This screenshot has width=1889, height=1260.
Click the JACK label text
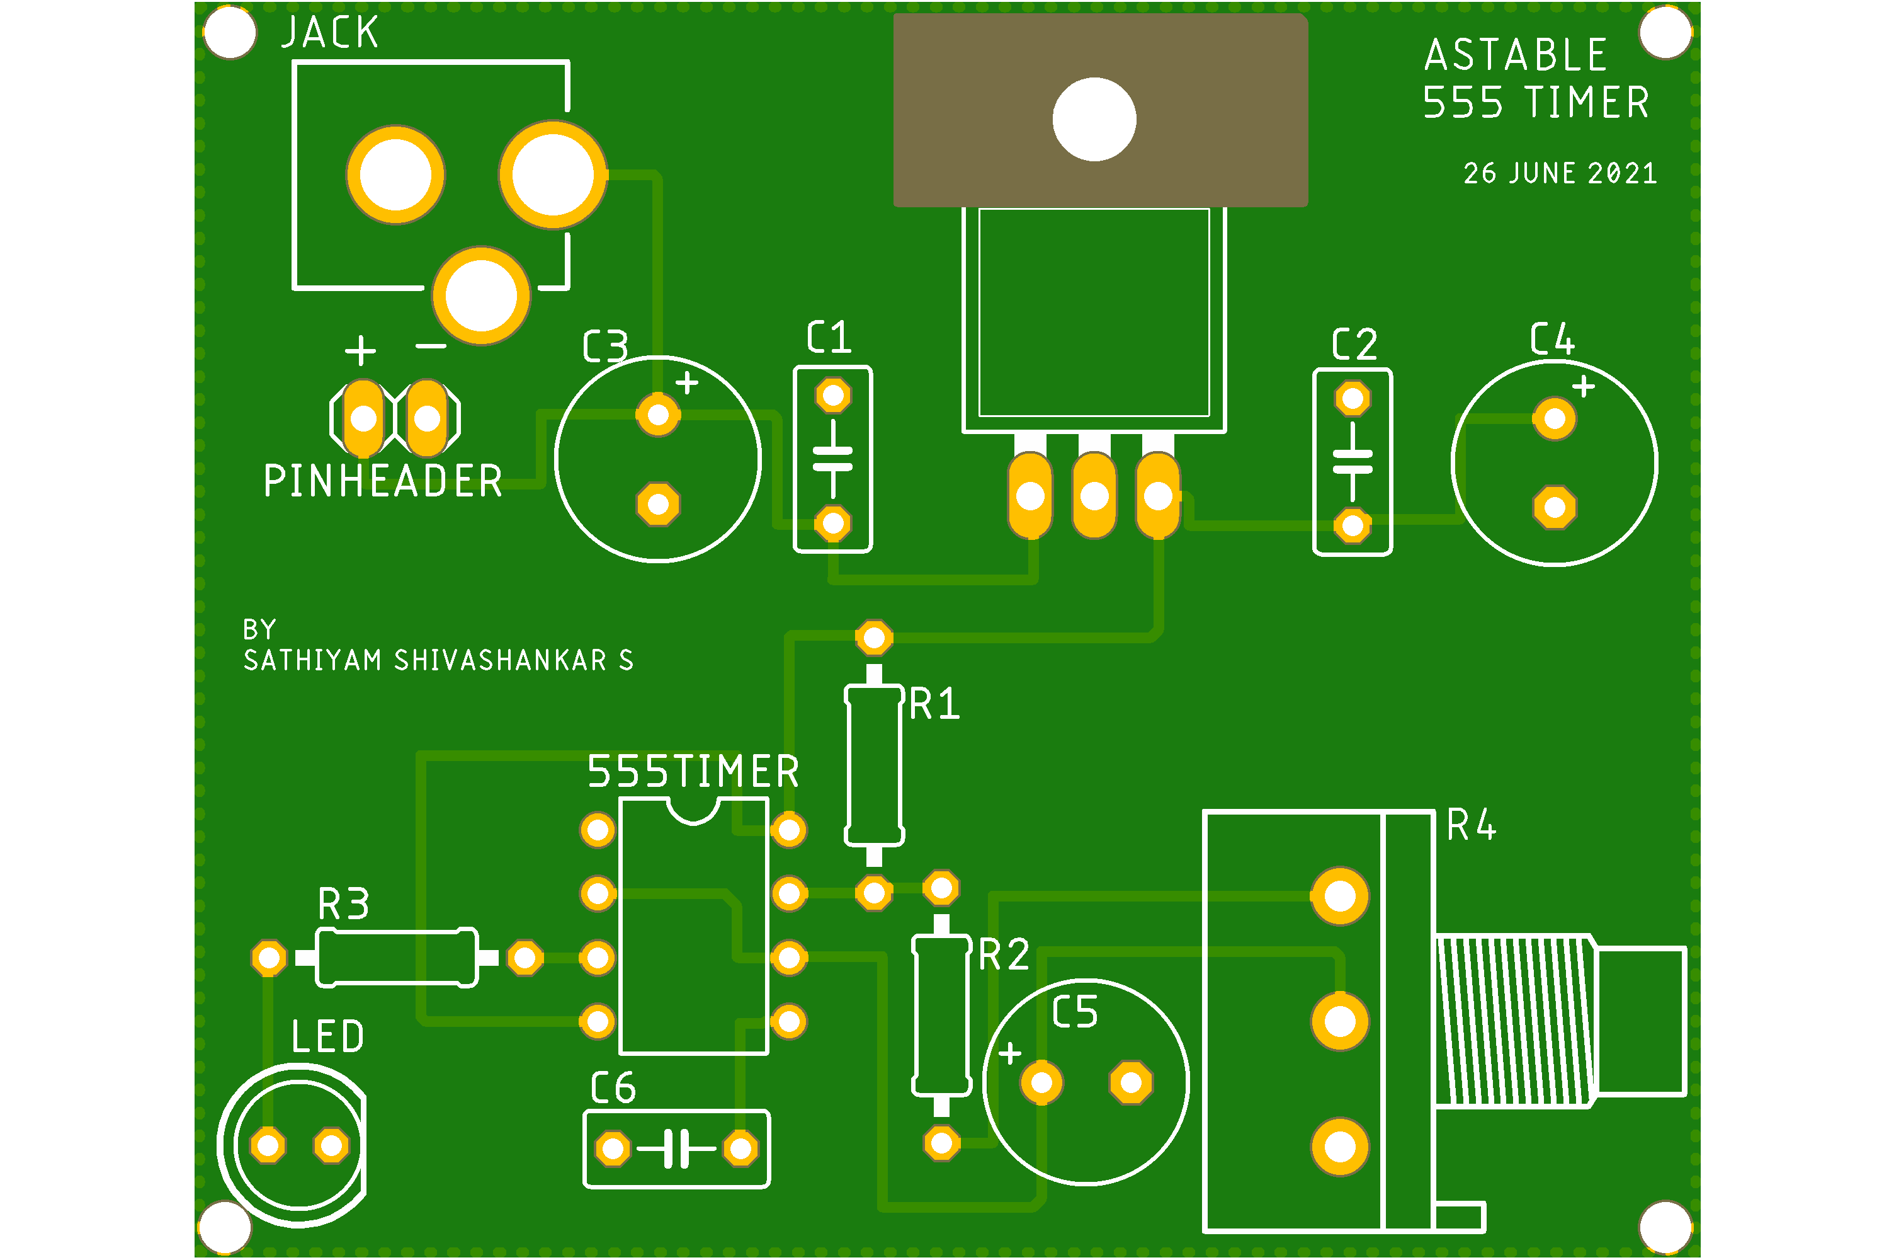(329, 33)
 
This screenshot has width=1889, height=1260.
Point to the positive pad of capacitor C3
(658, 415)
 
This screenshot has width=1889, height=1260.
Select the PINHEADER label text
(383, 481)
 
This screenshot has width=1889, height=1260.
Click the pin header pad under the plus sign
(363, 418)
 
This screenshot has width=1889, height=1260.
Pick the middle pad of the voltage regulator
(1094, 496)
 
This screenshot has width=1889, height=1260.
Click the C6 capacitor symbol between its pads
(676, 1148)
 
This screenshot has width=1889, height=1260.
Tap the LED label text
(327, 1036)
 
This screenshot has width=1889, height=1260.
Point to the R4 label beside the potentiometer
(1472, 825)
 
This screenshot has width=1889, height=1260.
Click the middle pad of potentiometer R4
(1340, 1021)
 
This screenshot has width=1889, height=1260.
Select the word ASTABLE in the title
(1516, 55)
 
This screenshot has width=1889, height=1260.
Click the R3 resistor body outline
(397, 957)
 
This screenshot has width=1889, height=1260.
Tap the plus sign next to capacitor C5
(1009, 1053)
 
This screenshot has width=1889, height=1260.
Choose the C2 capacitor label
(1354, 345)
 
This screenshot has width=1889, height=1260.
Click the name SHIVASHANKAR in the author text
(501, 660)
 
